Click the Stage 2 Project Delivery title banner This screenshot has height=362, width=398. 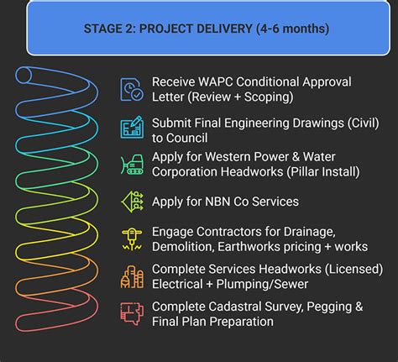206,29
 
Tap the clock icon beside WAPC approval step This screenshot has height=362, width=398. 132,89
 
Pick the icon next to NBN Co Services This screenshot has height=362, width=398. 132,202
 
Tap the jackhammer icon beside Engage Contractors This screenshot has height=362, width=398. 132,239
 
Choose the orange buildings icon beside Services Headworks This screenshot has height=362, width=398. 132,277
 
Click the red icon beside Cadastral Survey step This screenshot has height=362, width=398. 132,312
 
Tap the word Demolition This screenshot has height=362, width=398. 184,247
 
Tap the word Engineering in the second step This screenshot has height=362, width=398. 261,122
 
